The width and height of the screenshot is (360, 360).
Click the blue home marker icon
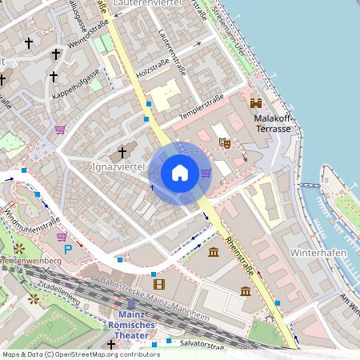pyautogui.click(x=180, y=173)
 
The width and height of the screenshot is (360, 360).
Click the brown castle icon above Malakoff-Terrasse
pyautogui.click(x=257, y=103)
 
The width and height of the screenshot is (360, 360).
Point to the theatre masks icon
pyautogui.click(x=225, y=142)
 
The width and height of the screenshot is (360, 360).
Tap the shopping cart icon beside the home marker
pyautogui.click(x=206, y=172)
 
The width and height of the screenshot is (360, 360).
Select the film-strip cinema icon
pyautogui.click(x=158, y=284)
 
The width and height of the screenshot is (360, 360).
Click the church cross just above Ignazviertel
pyautogui.click(x=122, y=151)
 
